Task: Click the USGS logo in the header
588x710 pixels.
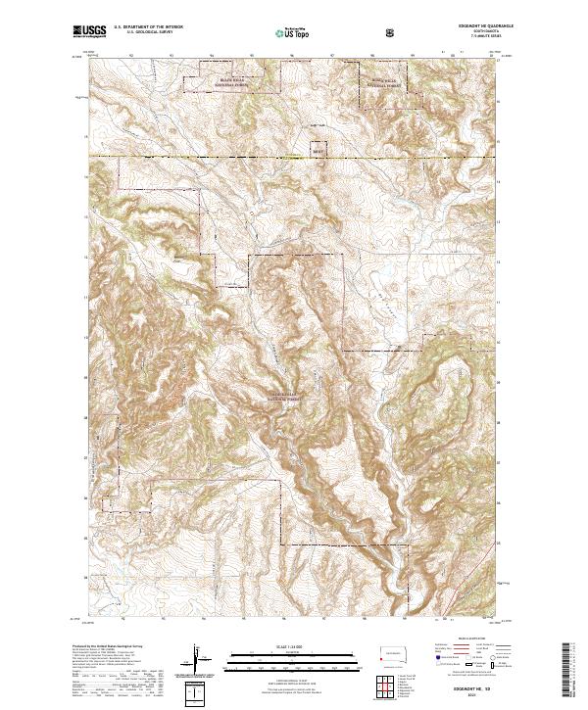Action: (90, 31)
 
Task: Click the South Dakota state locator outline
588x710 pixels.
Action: (391, 654)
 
